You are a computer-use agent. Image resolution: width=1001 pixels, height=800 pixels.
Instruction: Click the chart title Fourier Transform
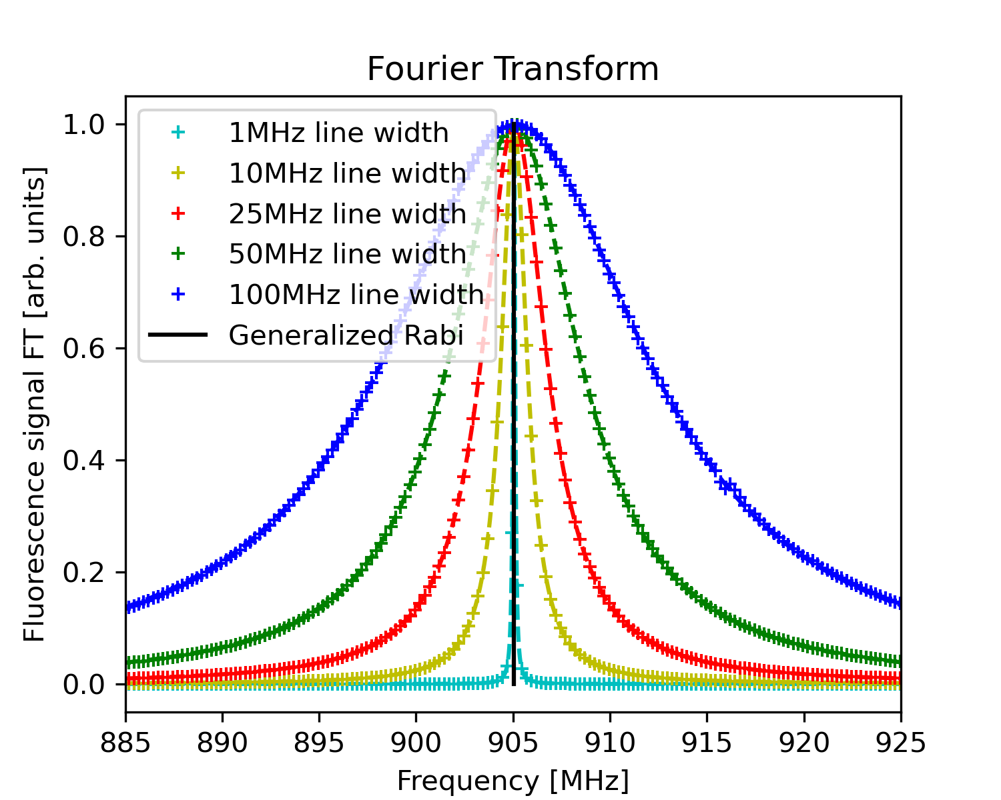click(513, 69)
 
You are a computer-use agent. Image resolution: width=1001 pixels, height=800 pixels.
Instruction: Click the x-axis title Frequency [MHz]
click(513, 781)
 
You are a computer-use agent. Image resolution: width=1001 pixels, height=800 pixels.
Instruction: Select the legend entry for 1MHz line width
click(338, 133)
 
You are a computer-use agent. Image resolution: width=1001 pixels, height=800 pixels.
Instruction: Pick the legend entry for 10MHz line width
click(347, 173)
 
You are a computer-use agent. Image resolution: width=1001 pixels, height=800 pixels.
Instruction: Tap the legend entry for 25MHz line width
click(347, 214)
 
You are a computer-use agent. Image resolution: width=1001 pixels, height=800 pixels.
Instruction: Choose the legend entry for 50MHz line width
click(347, 254)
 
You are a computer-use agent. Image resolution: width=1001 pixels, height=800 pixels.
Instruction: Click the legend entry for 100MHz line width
click(356, 295)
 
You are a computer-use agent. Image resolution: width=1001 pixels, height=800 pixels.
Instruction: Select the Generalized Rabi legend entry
click(346, 335)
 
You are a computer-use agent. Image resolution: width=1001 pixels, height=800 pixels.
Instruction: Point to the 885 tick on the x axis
click(125, 741)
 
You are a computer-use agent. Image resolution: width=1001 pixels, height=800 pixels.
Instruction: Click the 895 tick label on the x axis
click(319, 741)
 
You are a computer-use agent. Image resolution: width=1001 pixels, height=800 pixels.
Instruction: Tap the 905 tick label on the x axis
click(513, 741)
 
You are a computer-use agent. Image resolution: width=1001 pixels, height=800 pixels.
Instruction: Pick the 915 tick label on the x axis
click(707, 741)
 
